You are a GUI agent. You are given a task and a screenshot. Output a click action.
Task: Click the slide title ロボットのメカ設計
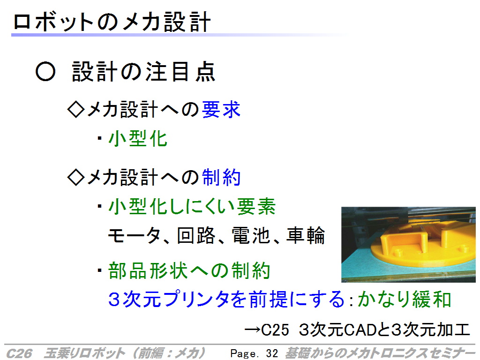[x=112, y=22]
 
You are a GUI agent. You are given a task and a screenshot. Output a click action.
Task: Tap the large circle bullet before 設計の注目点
[x=45, y=71]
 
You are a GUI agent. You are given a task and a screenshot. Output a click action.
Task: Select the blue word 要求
[x=221, y=109]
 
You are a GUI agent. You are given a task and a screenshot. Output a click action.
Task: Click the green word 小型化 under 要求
[x=138, y=138]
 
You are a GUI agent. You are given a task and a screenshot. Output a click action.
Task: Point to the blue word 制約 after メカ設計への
[x=221, y=177]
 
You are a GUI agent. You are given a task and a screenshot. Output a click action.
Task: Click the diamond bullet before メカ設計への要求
[x=76, y=109]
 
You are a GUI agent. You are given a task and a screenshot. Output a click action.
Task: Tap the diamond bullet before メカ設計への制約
[x=76, y=177]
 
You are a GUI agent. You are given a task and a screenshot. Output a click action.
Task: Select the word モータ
[x=134, y=235]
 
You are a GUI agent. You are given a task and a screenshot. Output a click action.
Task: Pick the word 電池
[x=251, y=235]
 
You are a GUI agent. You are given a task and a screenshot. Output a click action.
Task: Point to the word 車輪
[x=305, y=235]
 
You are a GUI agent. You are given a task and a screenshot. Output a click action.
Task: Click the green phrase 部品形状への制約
[x=189, y=270]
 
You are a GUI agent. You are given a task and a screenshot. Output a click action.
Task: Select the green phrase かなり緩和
[x=404, y=299]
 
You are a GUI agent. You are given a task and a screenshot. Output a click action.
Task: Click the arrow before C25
[x=253, y=330]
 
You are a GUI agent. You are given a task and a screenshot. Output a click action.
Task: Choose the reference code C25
[x=275, y=330]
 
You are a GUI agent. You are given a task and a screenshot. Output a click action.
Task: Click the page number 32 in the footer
[x=272, y=353]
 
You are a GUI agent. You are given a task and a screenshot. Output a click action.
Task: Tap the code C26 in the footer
[x=19, y=353]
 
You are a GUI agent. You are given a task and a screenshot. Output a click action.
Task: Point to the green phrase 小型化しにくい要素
[x=192, y=206]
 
